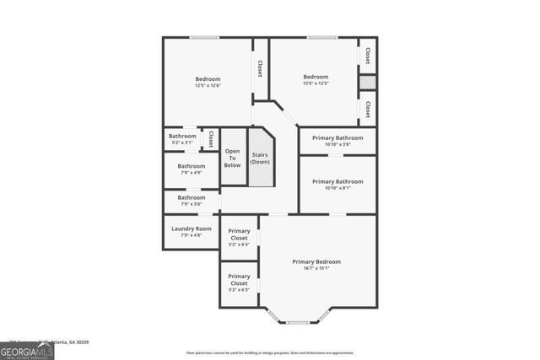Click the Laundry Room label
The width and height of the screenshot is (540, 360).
coord(191,228)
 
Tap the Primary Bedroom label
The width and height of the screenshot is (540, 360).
coord(316,261)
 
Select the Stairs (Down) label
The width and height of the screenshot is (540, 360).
coord(260,158)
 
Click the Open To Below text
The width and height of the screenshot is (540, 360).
coord(232,159)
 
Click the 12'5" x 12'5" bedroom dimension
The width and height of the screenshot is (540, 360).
coord(316,83)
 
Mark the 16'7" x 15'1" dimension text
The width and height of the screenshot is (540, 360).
coord(316,269)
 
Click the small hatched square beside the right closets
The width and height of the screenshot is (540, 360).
coord(367,83)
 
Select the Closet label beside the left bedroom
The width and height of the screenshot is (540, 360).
coord(260,68)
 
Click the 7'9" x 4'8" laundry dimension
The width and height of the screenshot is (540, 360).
coord(191,235)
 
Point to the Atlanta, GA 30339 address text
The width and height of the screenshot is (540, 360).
coord(71,342)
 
